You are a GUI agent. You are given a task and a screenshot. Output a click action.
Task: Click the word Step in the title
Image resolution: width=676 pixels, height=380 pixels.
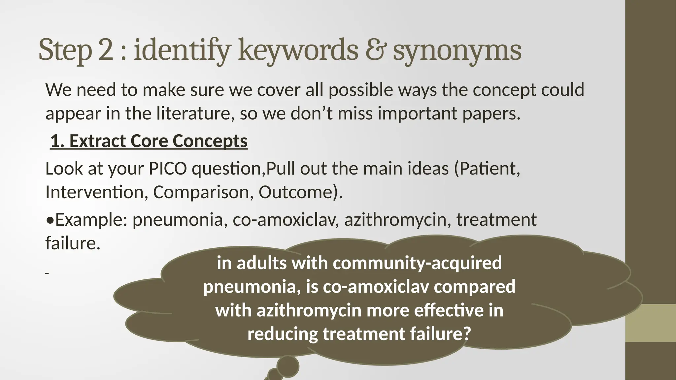pyautogui.click(x=65, y=50)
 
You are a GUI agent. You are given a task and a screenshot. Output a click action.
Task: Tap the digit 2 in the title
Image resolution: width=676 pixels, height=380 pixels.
pyautogui.click(x=106, y=50)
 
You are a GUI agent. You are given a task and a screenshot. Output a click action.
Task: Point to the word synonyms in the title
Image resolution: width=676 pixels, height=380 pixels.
pyautogui.click(x=457, y=51)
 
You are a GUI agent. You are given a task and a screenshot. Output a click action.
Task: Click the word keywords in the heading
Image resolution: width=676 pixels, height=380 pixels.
pyautogui.click(x=298, y=50)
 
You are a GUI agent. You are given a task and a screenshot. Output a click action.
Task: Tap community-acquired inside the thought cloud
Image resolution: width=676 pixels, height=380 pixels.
pyautogui.click(x=417, y=263)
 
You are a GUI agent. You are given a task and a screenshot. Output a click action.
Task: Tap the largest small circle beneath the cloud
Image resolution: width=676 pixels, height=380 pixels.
pyautogui.click(x=288, y=366)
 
